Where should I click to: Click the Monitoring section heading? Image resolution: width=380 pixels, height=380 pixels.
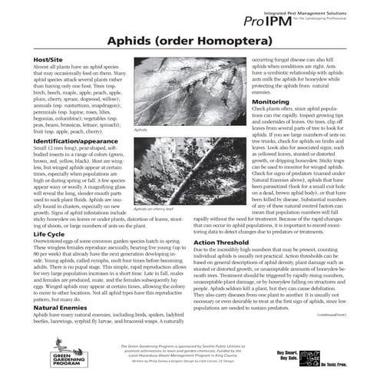270,101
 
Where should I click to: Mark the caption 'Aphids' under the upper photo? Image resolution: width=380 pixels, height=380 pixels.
140,131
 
